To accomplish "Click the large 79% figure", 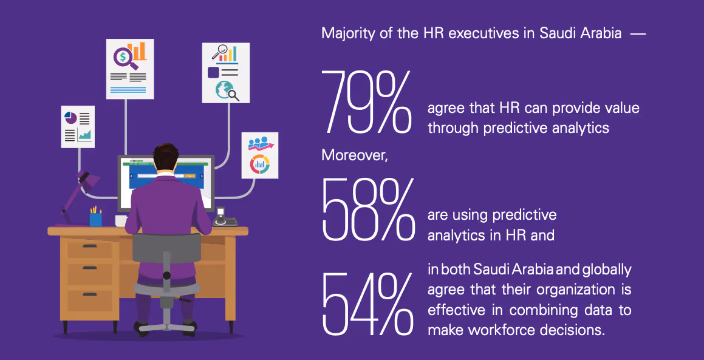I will click(367, 101).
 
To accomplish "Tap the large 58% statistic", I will click(367, 209).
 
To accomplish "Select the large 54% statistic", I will click(367, 303).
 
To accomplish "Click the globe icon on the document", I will click(224, 90).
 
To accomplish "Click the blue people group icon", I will click(258, 144).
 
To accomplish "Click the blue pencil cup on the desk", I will click(95, 219).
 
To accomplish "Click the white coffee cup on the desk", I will click(121, 220).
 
